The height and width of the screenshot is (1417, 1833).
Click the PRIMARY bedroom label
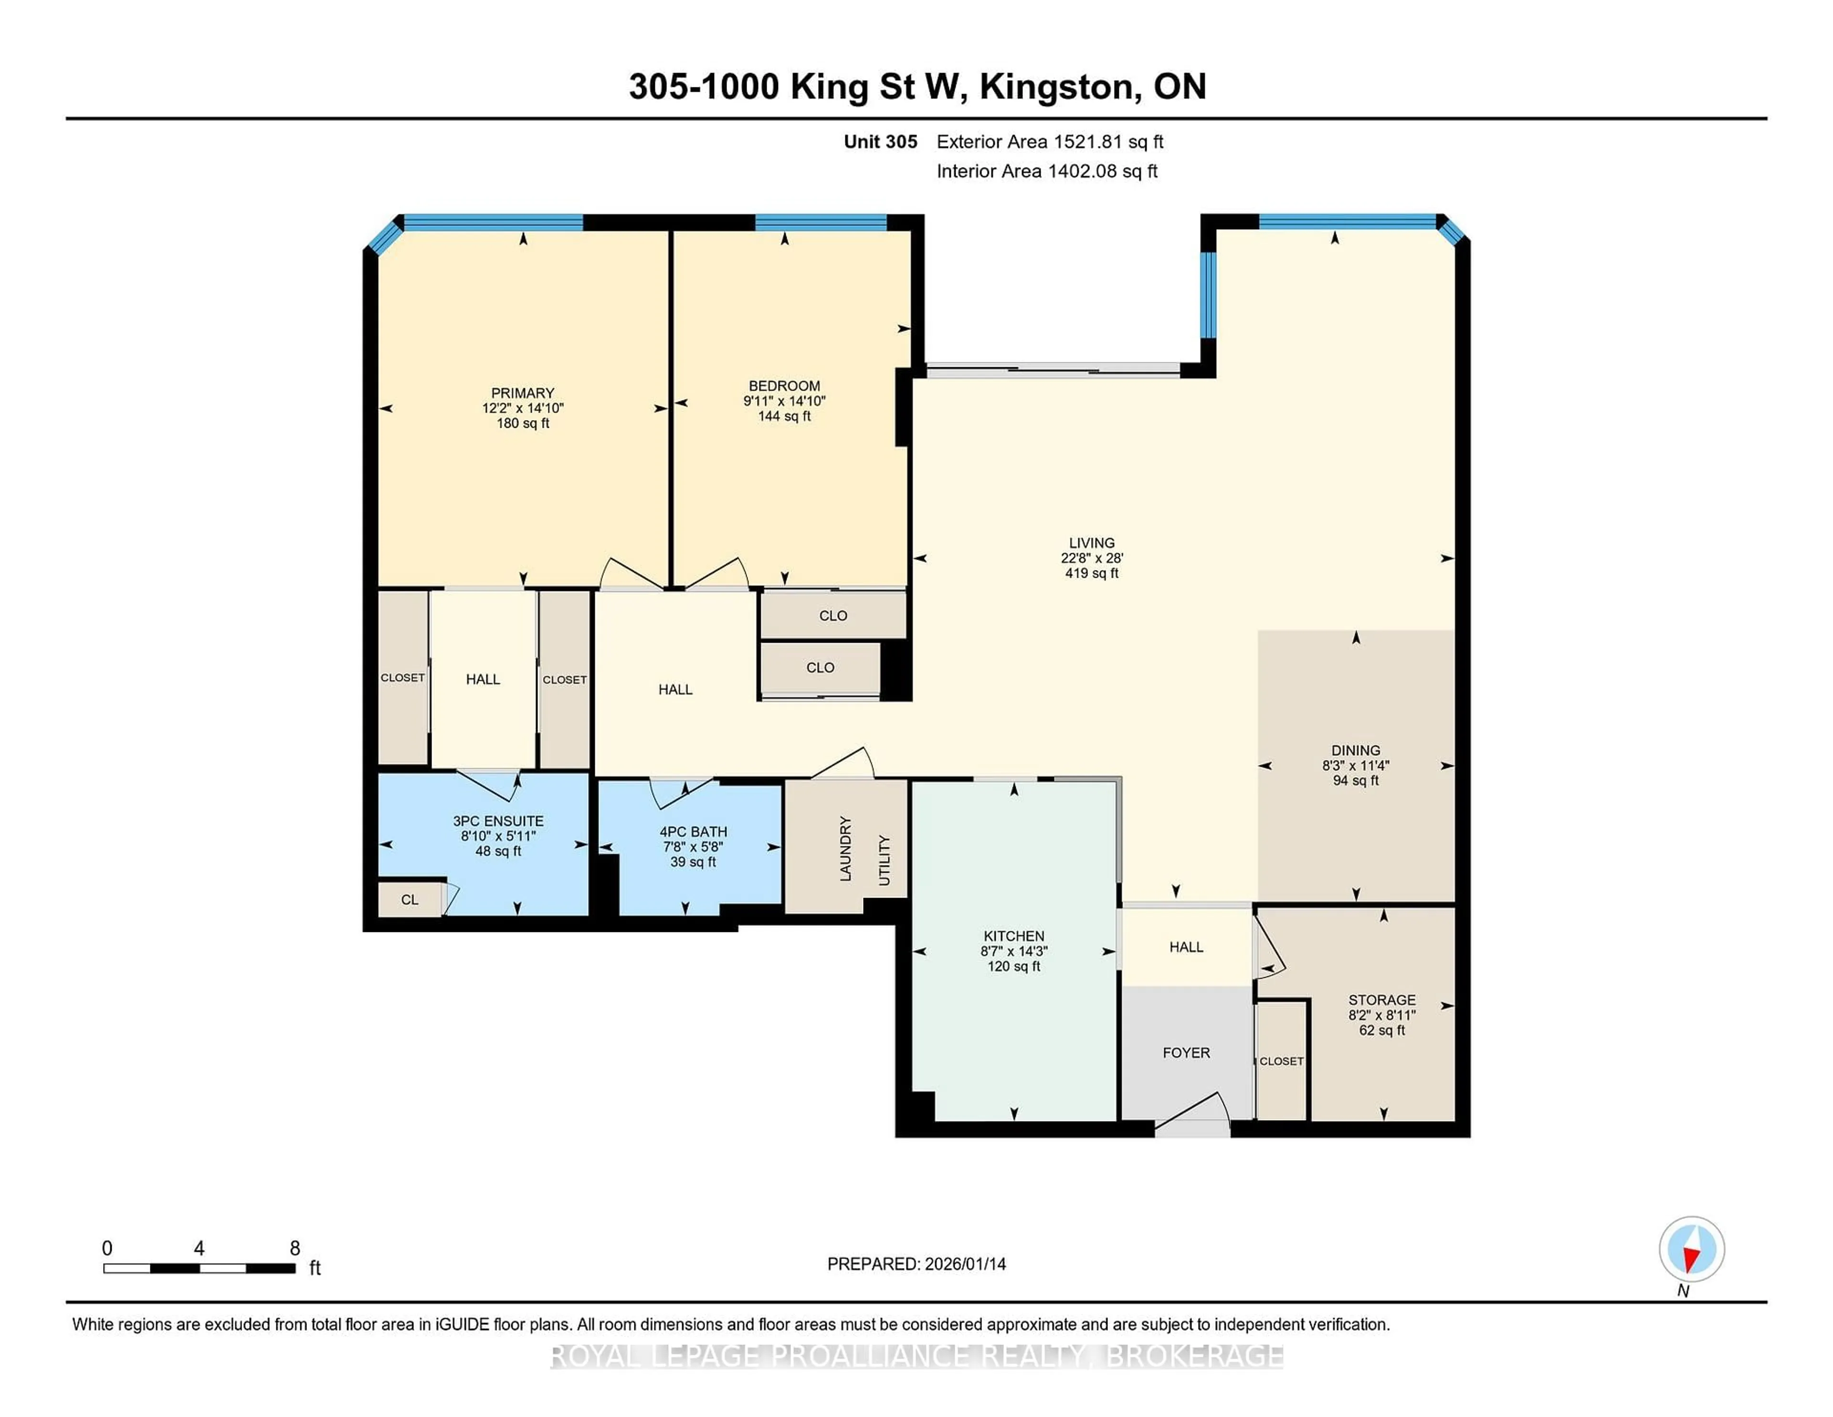pos(522,393)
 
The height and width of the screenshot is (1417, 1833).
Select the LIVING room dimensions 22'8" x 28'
pos(1091,558)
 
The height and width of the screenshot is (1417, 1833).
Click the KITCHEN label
pos(1013,936)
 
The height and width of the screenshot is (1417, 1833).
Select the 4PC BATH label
pos(693,832)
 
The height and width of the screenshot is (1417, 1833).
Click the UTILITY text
pos(884,860)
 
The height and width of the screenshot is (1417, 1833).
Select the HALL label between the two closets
pos(483,679)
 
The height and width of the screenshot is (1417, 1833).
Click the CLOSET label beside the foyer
pos(1281,1061)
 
